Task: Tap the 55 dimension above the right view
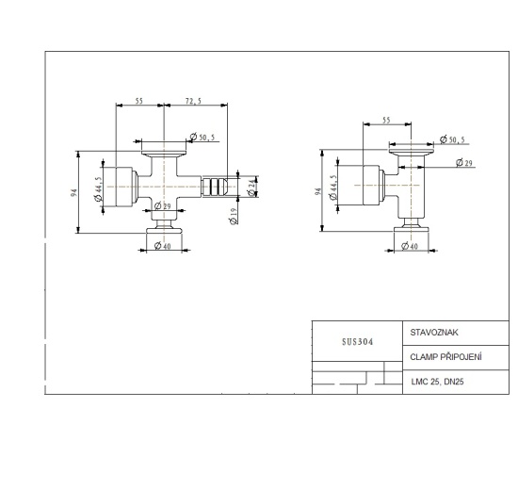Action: (x=386, y=121)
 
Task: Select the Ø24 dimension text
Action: (x=251, y=188)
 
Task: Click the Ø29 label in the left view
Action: (x=161, y=205)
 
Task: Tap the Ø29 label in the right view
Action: (x=463, y=164)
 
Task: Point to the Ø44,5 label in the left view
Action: (x=98, y=188)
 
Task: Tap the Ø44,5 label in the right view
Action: (x=332, y=187)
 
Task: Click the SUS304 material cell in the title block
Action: (x=357, y=342)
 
